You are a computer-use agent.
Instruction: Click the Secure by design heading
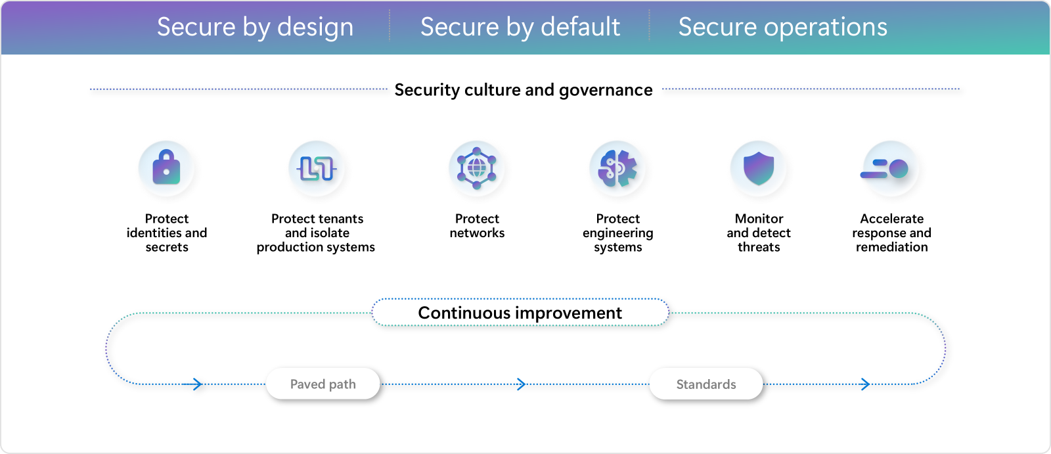coord(255,28)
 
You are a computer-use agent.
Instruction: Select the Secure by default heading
coord(520,28)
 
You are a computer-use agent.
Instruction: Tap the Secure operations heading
coord(782,28)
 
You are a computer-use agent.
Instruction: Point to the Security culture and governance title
coord(523,90)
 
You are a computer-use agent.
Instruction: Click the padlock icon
coord(167,168)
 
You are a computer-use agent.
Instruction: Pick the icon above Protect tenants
coord(317,168)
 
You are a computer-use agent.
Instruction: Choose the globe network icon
coord(477,168)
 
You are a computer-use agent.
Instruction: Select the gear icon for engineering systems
coord(617,168)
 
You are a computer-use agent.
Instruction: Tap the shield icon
coord(759,168)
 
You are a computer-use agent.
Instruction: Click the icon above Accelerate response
coord(891,169)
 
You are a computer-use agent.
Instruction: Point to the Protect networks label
coord(477,226)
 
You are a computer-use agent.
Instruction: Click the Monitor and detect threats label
coord(759,233)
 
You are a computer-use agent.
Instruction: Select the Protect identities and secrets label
coord(167,233)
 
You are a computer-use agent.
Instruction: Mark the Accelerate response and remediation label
coord(891,233)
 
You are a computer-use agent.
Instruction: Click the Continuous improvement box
coord(520,313)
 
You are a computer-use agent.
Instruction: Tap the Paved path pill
coord(323,384)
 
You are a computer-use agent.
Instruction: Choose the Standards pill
coord(706,384)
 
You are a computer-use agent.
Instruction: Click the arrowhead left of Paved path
coord(197,384)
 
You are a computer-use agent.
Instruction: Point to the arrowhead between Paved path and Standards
coord(521,384)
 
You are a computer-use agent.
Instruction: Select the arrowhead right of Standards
coord(865,384)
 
